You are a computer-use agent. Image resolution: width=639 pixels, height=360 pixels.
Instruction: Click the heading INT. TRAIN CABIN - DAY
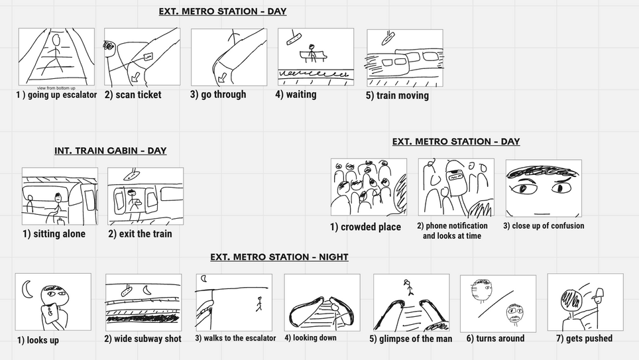point(110,150)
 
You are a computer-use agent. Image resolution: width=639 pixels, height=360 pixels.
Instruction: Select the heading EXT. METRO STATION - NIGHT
point(279,257)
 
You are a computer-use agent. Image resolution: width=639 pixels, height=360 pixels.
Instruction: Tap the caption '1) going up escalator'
point(56,95)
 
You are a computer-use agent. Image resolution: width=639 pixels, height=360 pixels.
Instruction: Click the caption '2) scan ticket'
point(133,95)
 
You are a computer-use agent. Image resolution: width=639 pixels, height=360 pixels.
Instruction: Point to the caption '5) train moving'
point(397,95)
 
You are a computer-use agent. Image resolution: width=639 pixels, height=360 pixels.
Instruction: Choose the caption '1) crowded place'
point(365,227)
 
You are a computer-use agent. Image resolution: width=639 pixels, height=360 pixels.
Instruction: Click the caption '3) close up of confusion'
point(544,226)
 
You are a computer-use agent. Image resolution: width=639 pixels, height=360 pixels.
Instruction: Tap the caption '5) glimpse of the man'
point(411,339)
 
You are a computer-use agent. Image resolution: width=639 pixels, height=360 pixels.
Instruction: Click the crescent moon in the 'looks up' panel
point(29,288)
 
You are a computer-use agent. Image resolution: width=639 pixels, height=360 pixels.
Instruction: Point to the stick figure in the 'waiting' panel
point(312,52)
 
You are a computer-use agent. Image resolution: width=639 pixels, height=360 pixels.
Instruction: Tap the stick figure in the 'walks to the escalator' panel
point(259,303)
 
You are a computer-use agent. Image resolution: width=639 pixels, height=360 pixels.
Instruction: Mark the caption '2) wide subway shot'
point(143,339)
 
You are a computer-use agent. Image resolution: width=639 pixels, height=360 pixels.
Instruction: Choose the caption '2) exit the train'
point(140,233)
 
